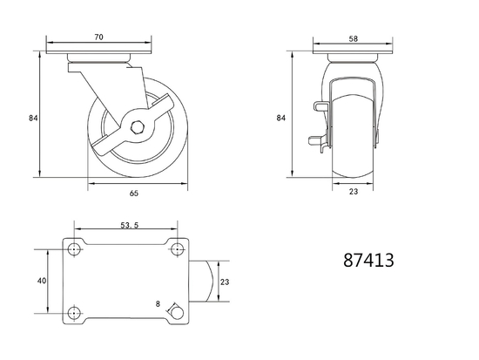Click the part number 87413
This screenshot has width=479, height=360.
pyautogui.click(x=368, y=261)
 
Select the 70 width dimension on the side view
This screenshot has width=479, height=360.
pyautogui.click(x=100, y=37)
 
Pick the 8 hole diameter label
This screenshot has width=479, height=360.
pyautogui.click(x=158, y=304)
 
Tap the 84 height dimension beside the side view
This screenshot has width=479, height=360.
pyautogui.click(x=32, y=117)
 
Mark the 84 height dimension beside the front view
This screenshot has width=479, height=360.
pyautogui.click(x=281, y=117)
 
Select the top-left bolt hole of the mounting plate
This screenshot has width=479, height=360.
pyautogui.click(x=74, y=250)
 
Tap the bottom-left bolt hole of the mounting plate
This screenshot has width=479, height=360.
pyautogui.click(x=74, y=312)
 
